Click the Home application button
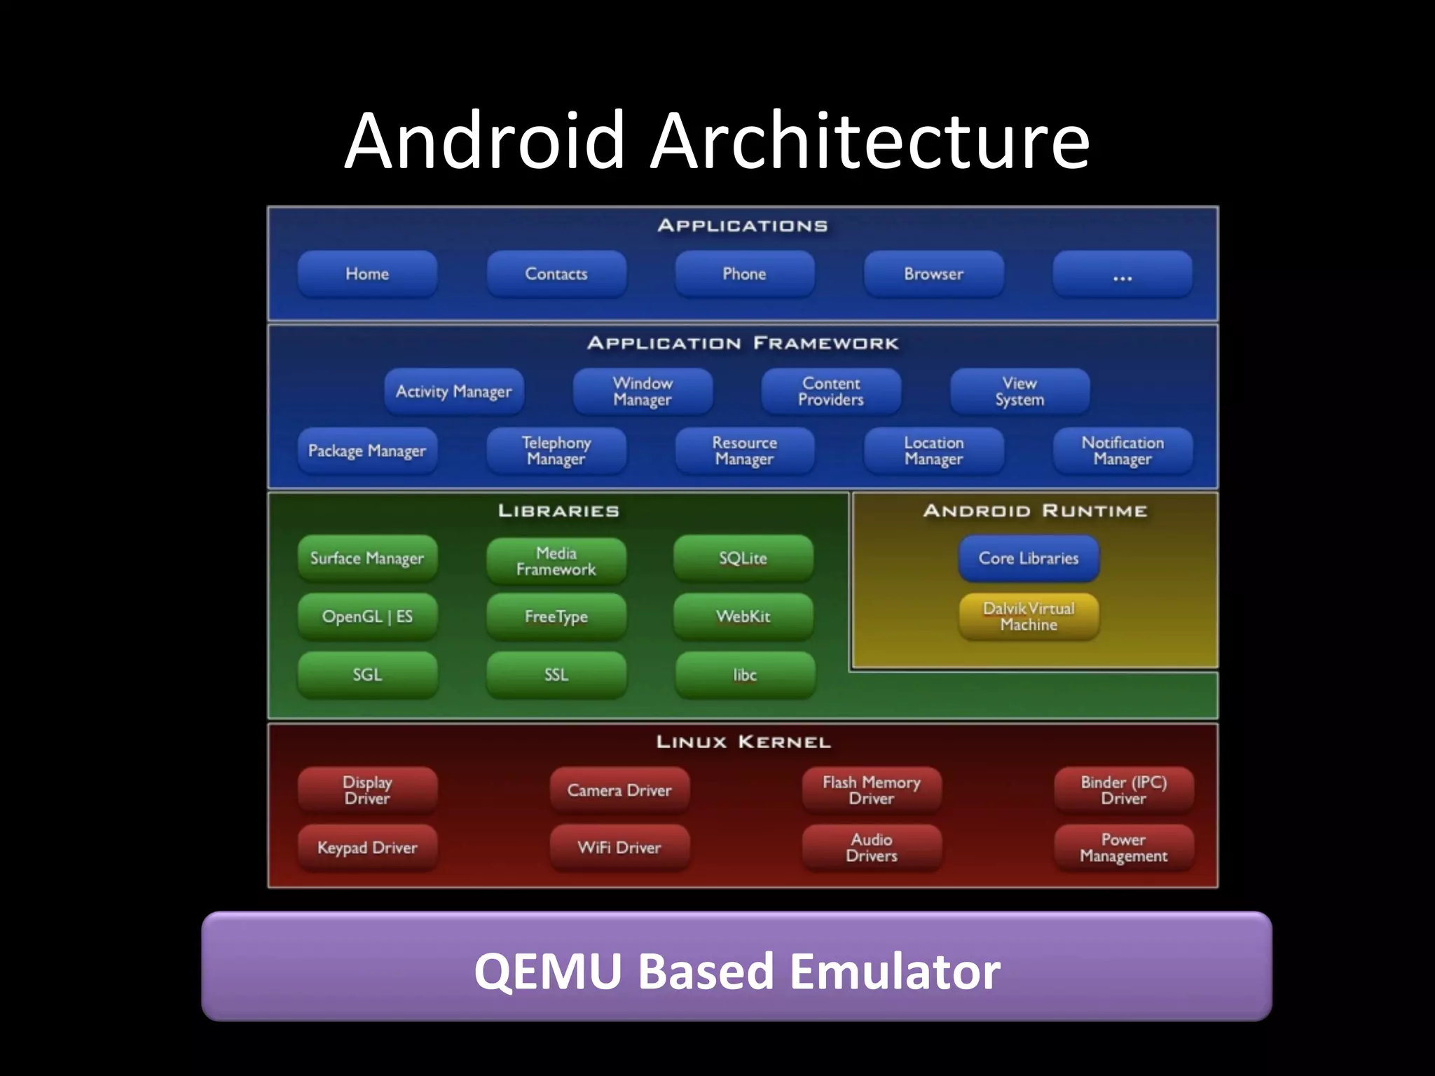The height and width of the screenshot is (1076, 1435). [x=367, y=274]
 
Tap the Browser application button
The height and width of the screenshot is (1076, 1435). [x=933, y=274]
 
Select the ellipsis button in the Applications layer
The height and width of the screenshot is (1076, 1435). [x=1122, y=274]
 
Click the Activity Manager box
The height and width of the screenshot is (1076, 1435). [x=453, y=392]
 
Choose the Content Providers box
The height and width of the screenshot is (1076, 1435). [x=831, y=392]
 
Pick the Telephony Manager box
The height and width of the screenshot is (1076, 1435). [x=556, y=451]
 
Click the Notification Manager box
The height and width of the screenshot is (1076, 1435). [x=1122, y=451]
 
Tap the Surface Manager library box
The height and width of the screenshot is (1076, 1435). [x=367, y=558]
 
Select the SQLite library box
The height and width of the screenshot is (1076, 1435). [x=743, y=558]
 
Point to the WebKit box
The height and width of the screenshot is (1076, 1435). [x=743, y=616]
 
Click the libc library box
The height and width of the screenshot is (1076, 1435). [x=745, y=675]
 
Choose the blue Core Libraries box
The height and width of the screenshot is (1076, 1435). [x=1029, y=558]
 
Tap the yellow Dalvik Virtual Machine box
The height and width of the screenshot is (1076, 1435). [x=1029, y=616]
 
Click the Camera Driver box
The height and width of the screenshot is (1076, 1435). [x=619, y=790]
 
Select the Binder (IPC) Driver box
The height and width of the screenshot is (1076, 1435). [x=1123, y=790]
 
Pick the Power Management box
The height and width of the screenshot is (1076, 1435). [x=1123, y=848]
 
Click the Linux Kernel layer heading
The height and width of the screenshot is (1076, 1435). [x=743, y=742]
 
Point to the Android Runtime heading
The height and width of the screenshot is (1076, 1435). [x=1035, y=511]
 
